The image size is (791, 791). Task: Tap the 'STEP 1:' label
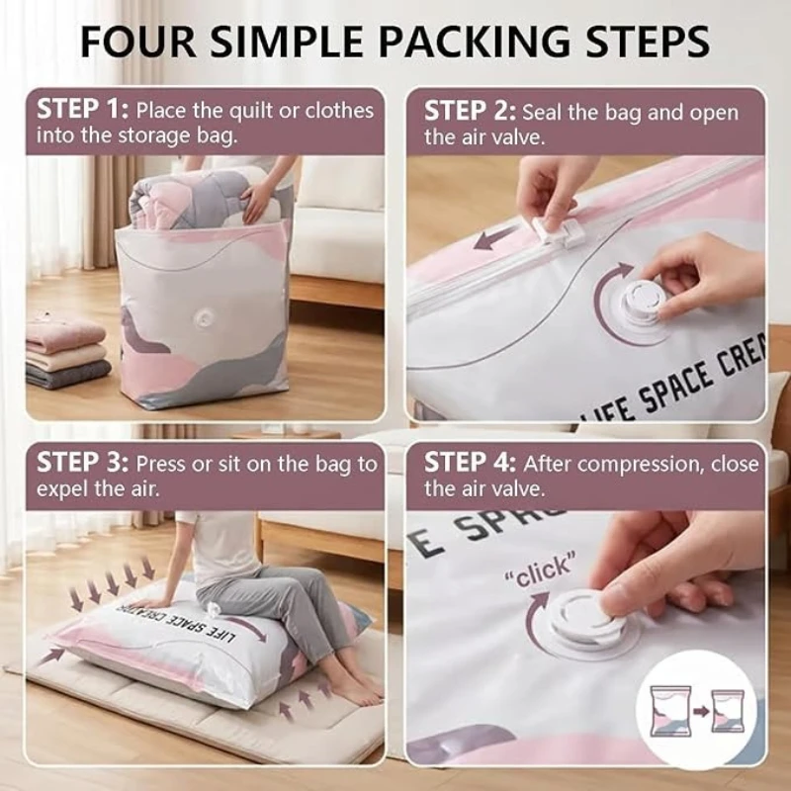(x=83, y=110)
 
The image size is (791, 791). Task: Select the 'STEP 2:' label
(x=470, y=111)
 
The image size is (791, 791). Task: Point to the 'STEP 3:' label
(x=83, y=463)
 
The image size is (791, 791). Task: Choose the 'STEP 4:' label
(x=471, y=463)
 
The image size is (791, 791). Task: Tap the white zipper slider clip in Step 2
(x=559, y=232)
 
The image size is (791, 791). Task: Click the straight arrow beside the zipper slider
(x=497, y=238)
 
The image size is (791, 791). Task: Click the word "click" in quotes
(x=541, y=571)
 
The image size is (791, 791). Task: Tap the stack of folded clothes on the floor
(x=66, y=352)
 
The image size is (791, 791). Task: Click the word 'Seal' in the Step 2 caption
(x=541, y=113)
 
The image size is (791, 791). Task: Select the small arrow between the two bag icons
(x=701, y=712)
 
